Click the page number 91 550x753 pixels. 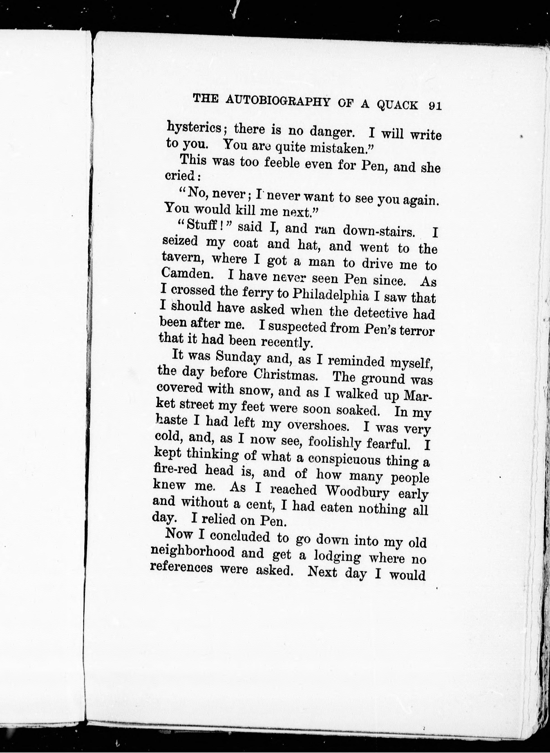click(434, 106)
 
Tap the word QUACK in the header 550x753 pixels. click(397, 105)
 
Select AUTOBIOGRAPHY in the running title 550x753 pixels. click(277, 101)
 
